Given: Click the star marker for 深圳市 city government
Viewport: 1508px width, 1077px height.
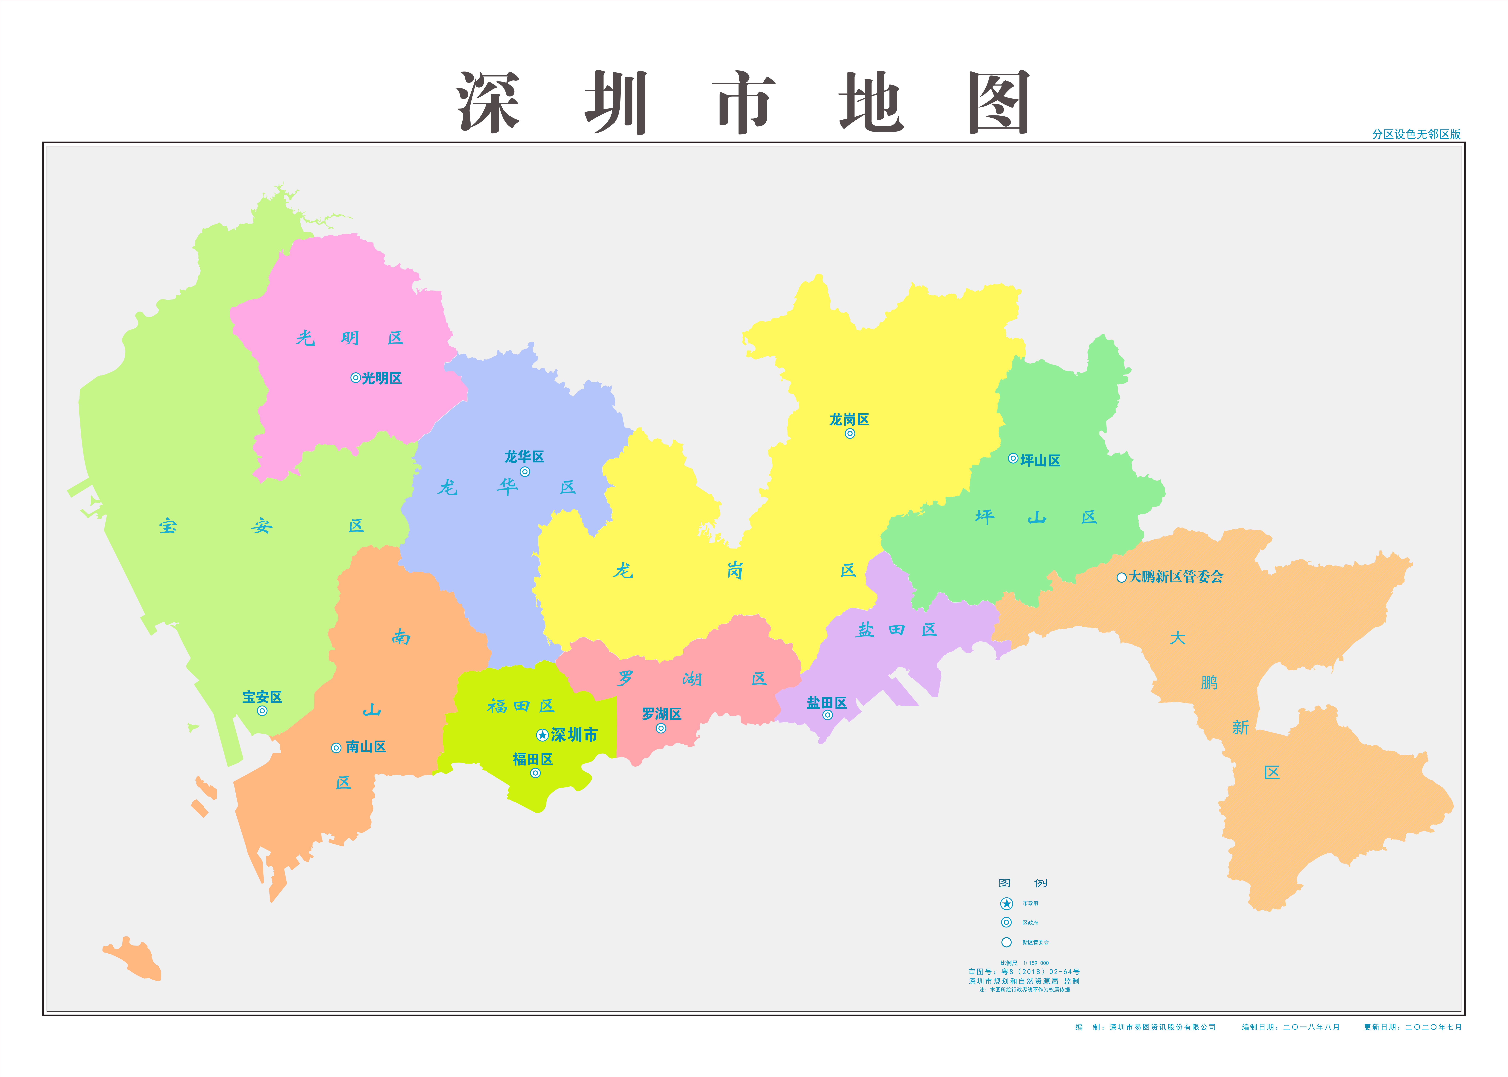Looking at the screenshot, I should (x=542, y=735).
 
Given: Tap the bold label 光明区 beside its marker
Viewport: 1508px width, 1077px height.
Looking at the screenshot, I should (x=382, y=378).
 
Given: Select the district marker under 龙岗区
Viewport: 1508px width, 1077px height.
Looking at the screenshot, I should (x=850, y=434).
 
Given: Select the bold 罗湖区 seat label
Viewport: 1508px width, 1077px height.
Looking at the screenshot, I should (x=661, y=714).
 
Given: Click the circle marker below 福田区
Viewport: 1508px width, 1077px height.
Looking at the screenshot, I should (x=535, y=773).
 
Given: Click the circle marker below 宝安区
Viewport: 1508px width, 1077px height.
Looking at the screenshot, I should (x=262, y=711).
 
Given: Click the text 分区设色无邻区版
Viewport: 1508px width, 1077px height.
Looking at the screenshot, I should (x=1416, y=134).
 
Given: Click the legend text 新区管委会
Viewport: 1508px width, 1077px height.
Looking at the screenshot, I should (x=1035, y=942).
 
